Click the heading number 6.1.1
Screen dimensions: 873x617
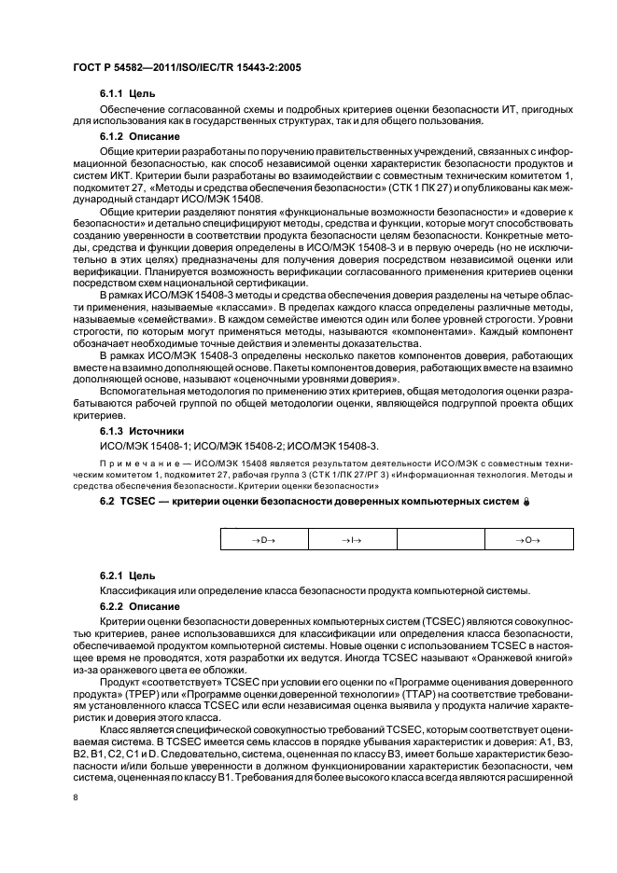(x=113, y=94)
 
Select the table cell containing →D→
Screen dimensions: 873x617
(x=262, y=540)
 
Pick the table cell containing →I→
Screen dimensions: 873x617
(x=352, y=540)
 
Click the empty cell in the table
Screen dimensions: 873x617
(x=441, y=540)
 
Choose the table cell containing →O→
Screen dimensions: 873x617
(x=529, y=540)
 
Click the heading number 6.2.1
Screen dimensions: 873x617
(x=113, y=576)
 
